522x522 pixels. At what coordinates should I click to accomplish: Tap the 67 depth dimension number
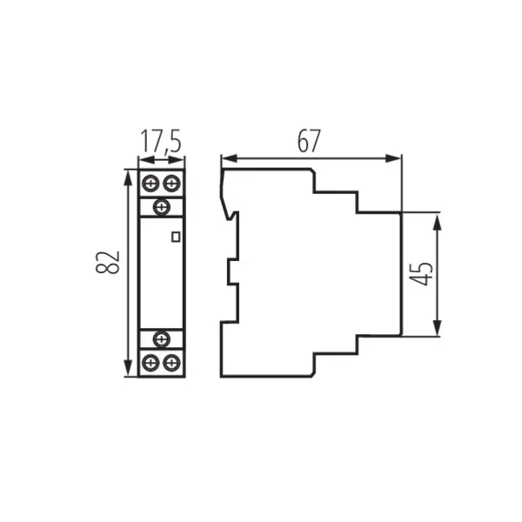309,141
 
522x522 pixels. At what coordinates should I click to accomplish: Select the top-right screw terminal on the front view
171,184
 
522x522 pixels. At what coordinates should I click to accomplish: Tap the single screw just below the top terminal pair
161,207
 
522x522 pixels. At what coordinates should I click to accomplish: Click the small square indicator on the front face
176,235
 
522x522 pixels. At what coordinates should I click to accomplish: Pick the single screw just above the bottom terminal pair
161,338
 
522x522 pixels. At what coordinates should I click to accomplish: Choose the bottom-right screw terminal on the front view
171,361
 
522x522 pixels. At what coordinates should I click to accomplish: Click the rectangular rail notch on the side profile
232,272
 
